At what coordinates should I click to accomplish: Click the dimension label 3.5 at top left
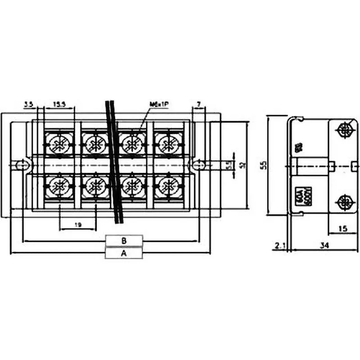click(x=29, y=104)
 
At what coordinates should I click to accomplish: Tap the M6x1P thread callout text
click(x=158, y=104)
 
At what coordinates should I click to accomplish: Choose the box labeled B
click(x=124, y=241)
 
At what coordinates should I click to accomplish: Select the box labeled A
click(x=124, y=253)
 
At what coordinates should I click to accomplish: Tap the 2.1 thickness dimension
click(x=279, y=245)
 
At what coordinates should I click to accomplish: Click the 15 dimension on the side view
click(x=343, y=229)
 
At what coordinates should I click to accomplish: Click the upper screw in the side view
click(x=345, y=130)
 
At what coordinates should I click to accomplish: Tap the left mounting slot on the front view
click(x=20, y=166)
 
